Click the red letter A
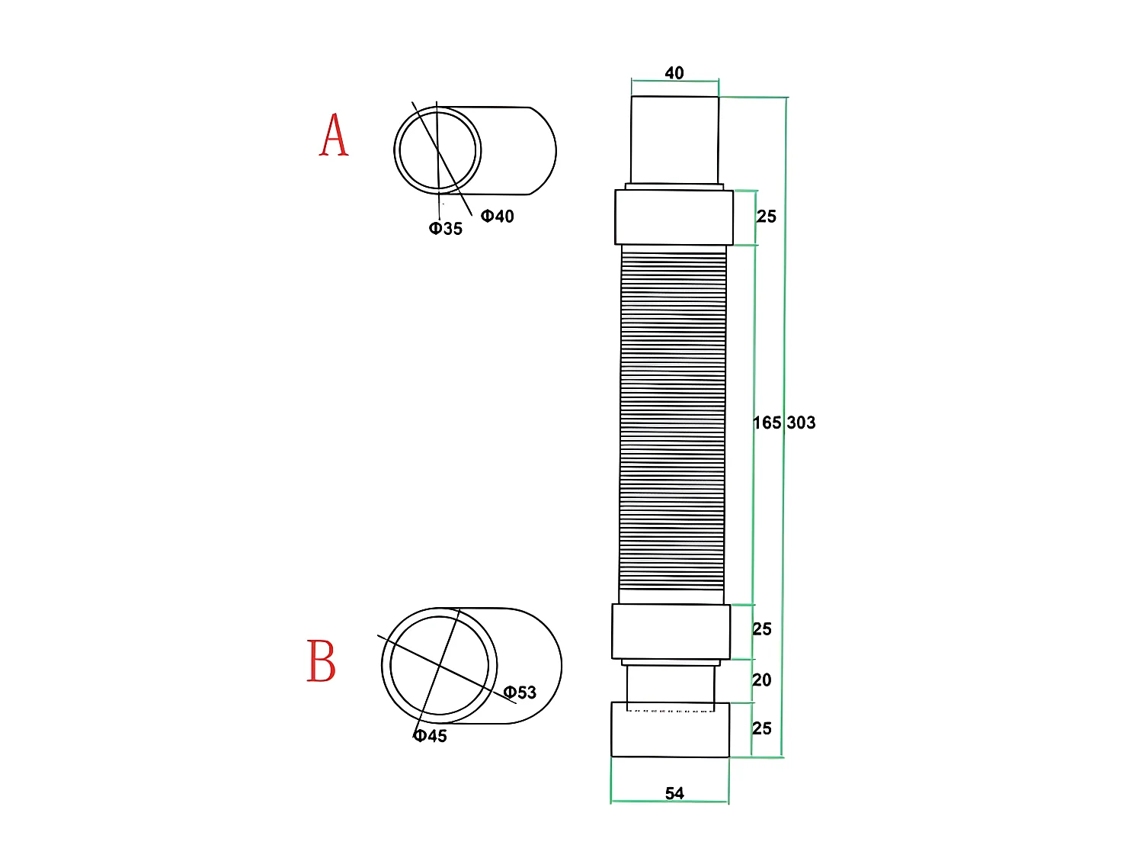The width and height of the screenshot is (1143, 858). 334,136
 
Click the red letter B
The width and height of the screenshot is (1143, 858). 321,660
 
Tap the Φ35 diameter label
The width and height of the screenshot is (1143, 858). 446,229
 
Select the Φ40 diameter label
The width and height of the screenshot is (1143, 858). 498,217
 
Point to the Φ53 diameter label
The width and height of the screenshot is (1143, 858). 520,693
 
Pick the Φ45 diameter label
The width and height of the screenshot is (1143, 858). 431,736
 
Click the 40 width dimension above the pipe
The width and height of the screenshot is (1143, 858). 674,73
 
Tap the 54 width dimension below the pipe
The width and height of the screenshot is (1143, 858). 674,793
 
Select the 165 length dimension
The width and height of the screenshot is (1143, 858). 767,423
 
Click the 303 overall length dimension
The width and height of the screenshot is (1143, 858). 801,423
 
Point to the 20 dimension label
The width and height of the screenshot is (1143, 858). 762,680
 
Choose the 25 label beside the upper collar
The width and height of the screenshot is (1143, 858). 767,217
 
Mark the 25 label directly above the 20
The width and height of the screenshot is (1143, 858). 762,629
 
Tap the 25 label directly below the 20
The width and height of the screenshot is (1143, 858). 762,728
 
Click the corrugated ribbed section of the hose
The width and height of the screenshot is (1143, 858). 673,419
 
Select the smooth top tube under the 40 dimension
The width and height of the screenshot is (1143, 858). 674,140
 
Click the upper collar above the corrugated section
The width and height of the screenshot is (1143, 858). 674,217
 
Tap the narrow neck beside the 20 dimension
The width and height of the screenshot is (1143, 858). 671,683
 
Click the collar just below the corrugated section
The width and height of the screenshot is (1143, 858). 671,631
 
